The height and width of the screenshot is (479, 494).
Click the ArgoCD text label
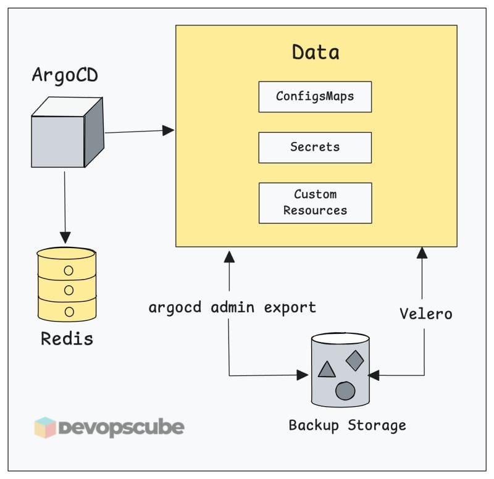(x=65, y=77)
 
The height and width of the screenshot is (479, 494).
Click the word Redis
(x=67, y=338)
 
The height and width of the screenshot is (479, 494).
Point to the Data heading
(x=316, y=52)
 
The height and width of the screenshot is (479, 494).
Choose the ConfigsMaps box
(x=315, y=96)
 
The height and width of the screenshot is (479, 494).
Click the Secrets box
(x=315, y=148)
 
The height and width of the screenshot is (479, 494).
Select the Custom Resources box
(x=315, y=202)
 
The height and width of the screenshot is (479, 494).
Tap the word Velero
(x=425, y=314)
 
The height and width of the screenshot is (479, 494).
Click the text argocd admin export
(x=232, y=307)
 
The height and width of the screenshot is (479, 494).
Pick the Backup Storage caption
(x=348, y=425)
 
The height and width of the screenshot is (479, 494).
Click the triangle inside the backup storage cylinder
(x=326, y=370)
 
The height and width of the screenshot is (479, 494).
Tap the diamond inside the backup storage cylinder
(x=354, y=360)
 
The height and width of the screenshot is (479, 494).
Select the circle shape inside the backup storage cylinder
(x=345, y=391)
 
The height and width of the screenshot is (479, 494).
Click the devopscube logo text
(x=121, y=427)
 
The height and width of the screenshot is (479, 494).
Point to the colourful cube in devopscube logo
(x=45, y=427)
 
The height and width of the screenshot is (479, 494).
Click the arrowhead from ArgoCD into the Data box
(x=169, y=130)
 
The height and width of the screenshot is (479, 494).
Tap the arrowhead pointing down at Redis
(x=65, y=237)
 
